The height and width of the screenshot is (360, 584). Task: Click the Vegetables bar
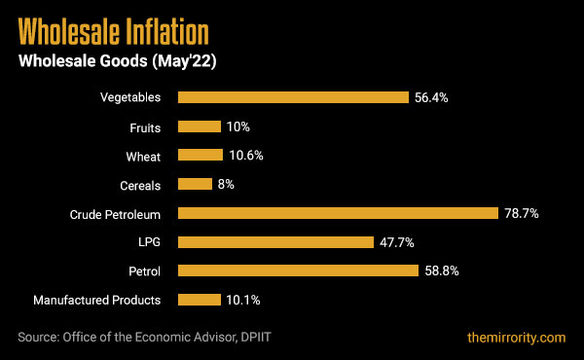[x=293, y=97]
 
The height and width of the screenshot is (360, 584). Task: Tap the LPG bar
[x=275, y=242]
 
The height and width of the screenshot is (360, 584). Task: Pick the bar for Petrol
[x=298, y=270]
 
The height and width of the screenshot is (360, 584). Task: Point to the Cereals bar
[x=195, y=184]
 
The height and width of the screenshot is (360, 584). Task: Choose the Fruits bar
[x=200, y=126]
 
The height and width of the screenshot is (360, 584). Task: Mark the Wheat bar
[x=201, y=156]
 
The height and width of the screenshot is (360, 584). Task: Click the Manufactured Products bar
[x=200, y=300]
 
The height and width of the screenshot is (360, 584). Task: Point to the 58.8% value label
[x=442, y=270]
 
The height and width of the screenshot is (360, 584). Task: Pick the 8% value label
[x=226, y=184]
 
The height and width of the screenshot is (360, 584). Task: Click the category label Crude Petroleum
[x=115, y=213]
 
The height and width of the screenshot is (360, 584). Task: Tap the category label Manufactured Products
[x=97, y=300]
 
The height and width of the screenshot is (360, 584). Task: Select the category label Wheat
[x=143, y=156]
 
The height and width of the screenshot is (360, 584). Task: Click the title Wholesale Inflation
[x=114, y=32]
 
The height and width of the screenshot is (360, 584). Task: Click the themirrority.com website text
[x=515, y=337]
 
